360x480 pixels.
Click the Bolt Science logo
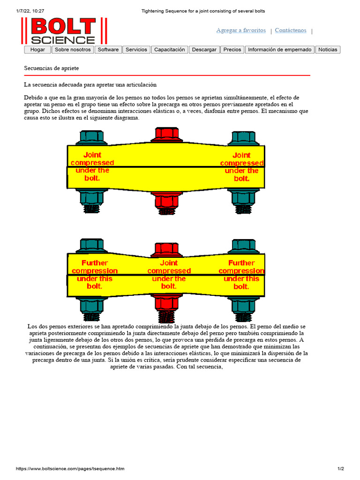pos(64,31)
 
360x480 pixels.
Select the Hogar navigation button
pos(37,50)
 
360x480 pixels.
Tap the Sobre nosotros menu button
pos(73,50)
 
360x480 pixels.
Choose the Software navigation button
pos(108,50)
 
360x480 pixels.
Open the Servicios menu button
pos(136,50)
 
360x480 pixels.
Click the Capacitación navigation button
pos(170,50)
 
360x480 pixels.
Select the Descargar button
pos(204,50)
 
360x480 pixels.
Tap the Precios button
pos(232,50)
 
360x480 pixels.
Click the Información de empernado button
pos(279,50)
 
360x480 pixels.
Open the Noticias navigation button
pos(328,50)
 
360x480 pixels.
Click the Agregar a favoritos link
pos(241,30)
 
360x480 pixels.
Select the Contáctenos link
pos(291,30)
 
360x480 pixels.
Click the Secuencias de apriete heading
pos(52,68)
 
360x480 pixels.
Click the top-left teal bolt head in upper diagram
pos(92,138)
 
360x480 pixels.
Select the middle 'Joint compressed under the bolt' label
pos(169,275)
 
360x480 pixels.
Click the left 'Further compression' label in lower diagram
pos(95,275)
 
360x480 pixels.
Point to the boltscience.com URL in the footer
pos(70,469)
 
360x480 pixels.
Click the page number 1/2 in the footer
pos(340,469)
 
